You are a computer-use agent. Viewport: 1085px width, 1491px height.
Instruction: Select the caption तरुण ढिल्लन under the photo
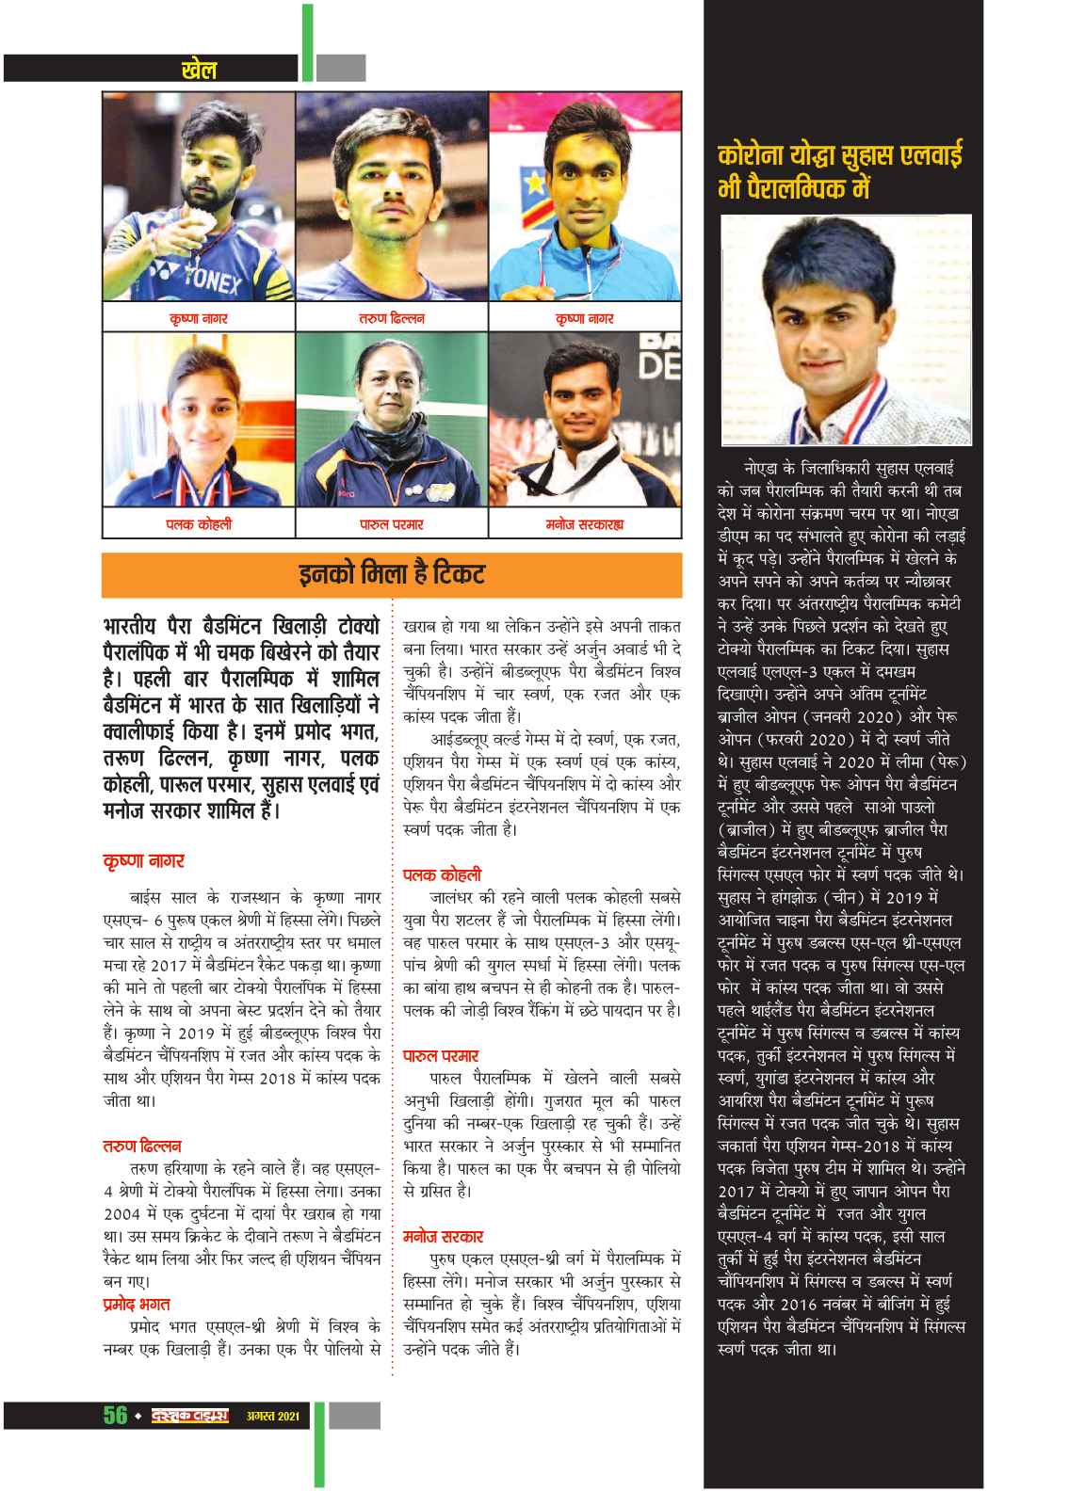[x=391, y=319]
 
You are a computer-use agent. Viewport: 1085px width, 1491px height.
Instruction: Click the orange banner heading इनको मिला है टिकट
[x=391, y=574]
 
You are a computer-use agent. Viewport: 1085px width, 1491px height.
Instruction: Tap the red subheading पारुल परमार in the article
[x=440, y=1056]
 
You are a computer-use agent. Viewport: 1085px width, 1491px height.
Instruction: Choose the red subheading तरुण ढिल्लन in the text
[x=141, y=1146]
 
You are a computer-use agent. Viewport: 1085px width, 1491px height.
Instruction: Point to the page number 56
[x=115, y=1416]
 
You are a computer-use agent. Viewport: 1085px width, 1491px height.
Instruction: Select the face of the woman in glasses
[x=389, y=401]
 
